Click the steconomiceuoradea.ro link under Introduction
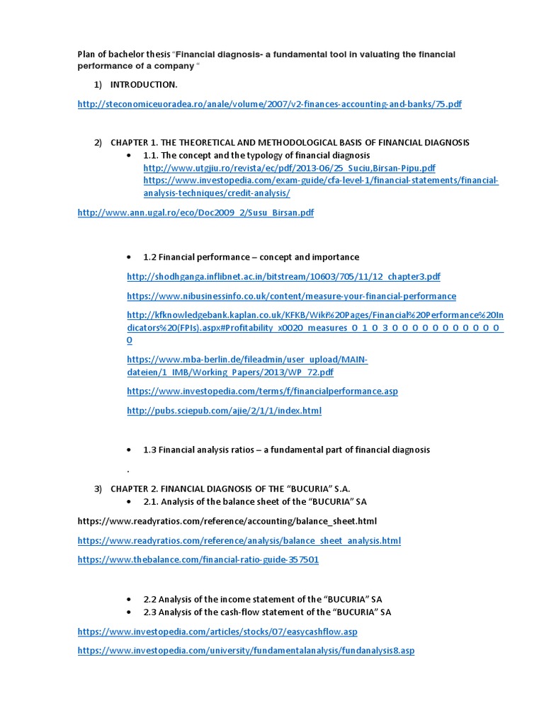click(269, 104)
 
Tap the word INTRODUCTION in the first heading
click(144, 84)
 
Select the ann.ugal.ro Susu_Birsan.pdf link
click(195, 212)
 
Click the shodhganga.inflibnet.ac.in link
click(283, 277)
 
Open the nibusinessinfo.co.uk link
click(291, 296)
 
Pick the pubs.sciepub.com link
click(224, 410)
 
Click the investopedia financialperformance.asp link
click(262, 391)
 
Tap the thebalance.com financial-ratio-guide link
click(198, 559)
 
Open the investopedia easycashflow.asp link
click(222, 631)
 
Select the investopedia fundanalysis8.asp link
click(246, 650)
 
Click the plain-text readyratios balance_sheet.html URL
click(227, 521)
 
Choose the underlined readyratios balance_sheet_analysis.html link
click(239, 540)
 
